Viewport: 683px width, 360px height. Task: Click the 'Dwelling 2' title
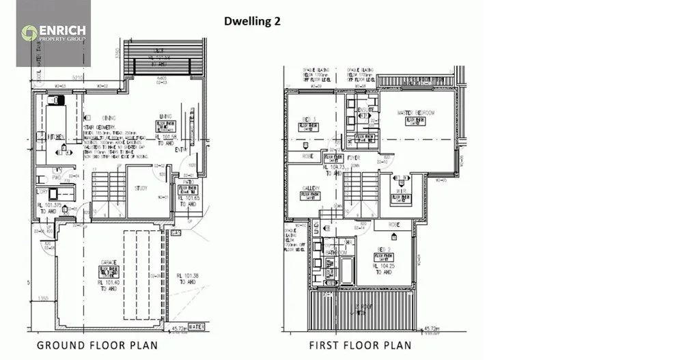252,20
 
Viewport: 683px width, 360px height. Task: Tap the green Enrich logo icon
29,33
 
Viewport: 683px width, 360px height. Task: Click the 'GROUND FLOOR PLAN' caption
97,345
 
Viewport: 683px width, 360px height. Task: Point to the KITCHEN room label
56,137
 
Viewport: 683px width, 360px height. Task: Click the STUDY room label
141,188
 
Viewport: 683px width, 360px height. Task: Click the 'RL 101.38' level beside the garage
187,276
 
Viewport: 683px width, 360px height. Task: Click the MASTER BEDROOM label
416,113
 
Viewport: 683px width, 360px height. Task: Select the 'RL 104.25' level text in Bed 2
382,267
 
